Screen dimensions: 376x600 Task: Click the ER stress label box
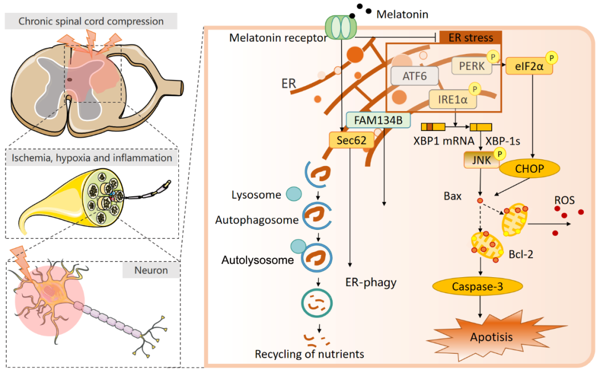click(x=471, y=38)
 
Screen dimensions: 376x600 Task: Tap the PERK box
click(x=471, y=66)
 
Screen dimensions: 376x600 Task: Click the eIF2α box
click(x=529, y=66)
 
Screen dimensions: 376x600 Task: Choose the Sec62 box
click(x=351, y=141)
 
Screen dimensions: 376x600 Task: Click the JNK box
click(x=479, y=161)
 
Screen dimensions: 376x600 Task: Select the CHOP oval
click(x=529, y=168)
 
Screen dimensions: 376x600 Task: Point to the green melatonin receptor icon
click(x=339, y=27)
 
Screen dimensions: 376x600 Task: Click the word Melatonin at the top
click(x=402, y=14)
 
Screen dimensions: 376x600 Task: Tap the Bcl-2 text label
click(x=522, y=256)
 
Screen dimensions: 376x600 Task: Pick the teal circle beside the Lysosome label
click(x=294, y=194)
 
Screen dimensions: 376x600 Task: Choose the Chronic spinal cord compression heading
click(x=91, y=22)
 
